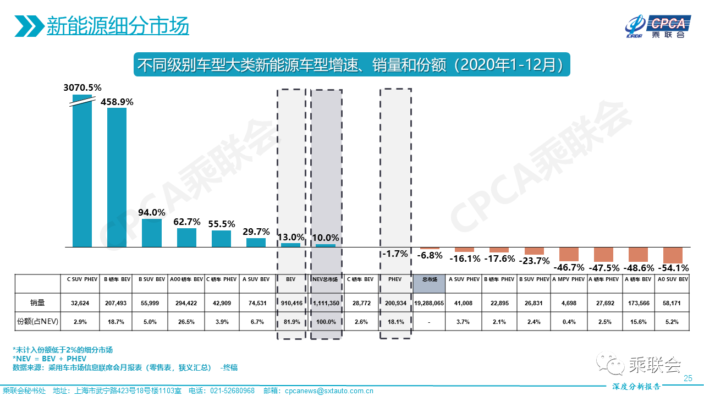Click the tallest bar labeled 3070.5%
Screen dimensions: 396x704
coord(82,170)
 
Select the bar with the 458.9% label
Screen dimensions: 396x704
coord(117,177)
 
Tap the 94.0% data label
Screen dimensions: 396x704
coord(152,212)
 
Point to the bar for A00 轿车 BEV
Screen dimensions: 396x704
coord(186,238)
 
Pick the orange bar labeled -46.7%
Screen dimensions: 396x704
coord(569,254)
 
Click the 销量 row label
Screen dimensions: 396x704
coord(37,302)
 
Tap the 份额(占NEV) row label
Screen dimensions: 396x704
coord(37,322)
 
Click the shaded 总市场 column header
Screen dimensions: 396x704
coord(430,279)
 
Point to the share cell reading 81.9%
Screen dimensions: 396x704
coord(291,322)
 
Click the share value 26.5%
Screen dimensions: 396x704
coord(186,322)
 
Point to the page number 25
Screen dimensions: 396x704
coord(687,378)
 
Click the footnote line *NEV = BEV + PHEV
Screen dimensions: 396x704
coord(49,359)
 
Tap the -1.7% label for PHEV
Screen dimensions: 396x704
coord(395,254)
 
